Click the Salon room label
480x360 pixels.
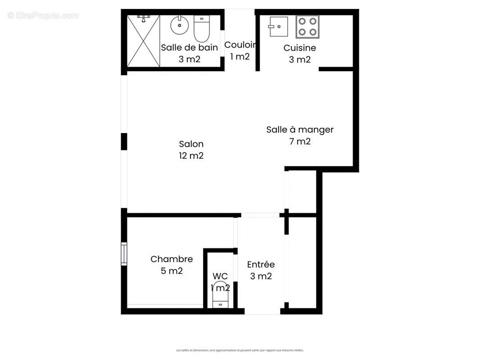point(191,144)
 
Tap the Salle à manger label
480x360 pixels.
point(300,130)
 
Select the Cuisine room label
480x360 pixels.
point(299,48)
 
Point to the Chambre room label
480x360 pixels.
point(172,259)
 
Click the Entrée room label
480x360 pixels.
point(261,265)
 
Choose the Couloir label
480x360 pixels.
point(240,45)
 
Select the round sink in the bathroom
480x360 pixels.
point(179,24)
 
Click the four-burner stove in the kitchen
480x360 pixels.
point(307,27)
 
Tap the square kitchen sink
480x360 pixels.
point(278,27)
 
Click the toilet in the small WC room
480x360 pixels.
point(221,295)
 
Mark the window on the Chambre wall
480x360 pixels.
point(124,254)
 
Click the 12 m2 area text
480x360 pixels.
point(191,156)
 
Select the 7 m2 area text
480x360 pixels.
point(300,141)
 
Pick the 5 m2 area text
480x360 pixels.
point(172,271)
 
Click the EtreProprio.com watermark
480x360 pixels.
point(43,16)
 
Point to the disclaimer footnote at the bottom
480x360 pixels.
point(240,350)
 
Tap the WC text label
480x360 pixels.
point(220,276)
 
